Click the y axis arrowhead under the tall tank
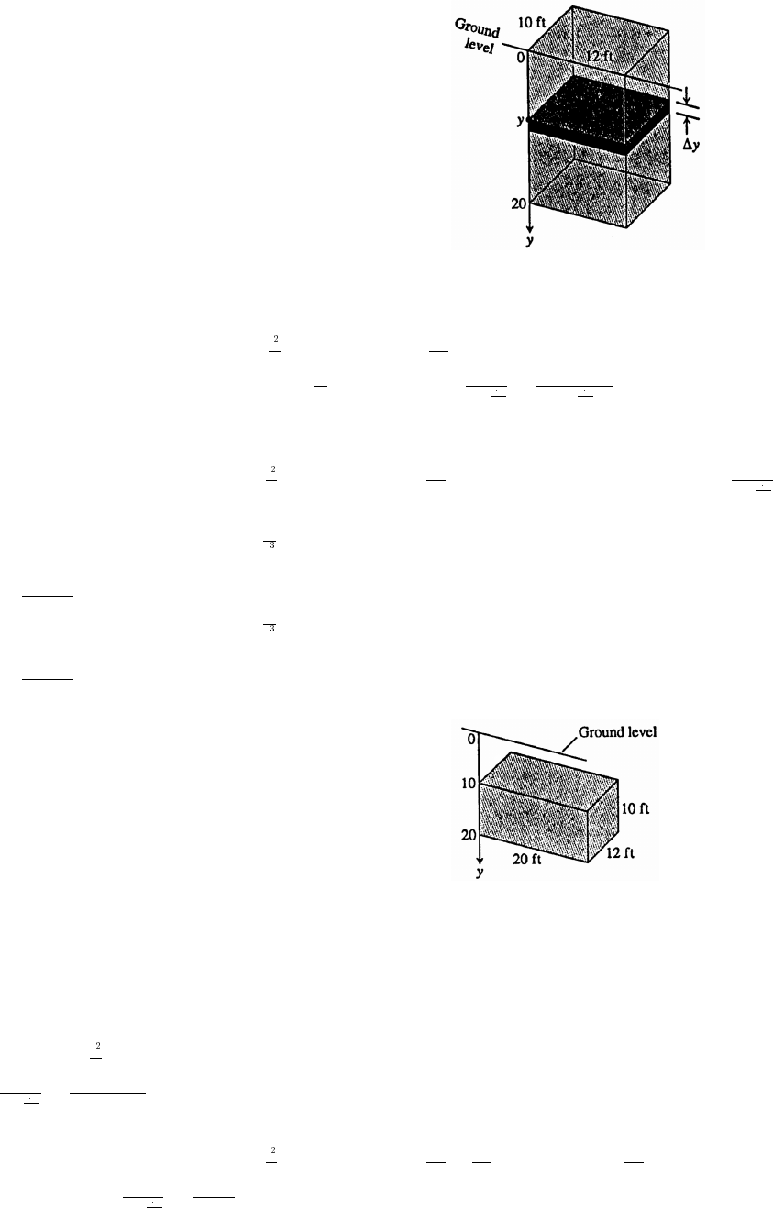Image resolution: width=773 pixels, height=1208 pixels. click(x=529, y=230)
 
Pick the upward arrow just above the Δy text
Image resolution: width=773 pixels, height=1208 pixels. click(x=689, y=126)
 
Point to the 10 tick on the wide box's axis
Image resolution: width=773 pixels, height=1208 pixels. click(x=467, y=784)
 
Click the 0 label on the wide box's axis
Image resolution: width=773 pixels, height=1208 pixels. click(x=469, y=738)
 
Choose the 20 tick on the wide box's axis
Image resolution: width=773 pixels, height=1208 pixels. click(x=467, y=835)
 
